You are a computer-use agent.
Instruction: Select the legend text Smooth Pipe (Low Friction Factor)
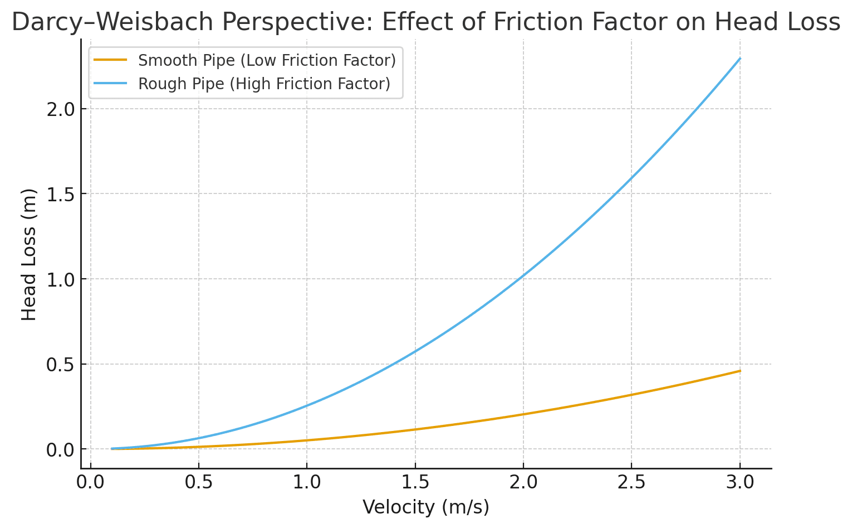(x=267, y=60)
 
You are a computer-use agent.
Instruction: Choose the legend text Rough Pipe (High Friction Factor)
(x=264, y=84)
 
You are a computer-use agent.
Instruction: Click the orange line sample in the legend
(x=110, y=60)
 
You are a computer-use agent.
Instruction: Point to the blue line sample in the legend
(x=110, y=84)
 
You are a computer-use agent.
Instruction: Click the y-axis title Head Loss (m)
(x=29, y=254)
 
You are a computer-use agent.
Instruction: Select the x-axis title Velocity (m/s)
(x=426, y=507)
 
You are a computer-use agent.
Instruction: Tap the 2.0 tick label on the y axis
(x=61, y=109)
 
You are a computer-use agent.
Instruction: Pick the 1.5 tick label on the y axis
(x=61, y=194)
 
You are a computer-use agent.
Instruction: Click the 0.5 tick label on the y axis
(x=61, y=365)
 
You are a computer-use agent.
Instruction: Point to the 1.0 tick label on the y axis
(x=61, y=279)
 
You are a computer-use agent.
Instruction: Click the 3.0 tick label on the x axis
(x=740, y=482)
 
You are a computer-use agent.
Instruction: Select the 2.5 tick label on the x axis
(x=631, y=482)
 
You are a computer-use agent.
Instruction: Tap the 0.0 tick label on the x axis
(x=91, y=482)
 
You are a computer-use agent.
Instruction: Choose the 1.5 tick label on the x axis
(x=415, y=482)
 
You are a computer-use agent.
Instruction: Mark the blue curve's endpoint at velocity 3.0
(x=740, y=58)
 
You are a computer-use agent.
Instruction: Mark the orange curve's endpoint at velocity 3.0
(x=740, y=371)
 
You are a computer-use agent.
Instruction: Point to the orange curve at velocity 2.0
(x=523, y=414)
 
